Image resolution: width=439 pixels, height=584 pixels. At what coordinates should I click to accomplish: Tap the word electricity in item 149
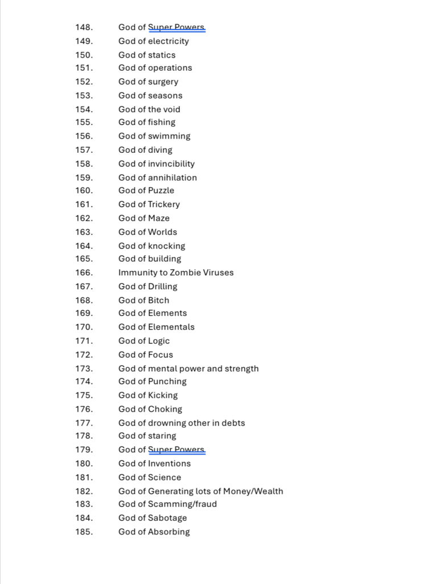coord(169,41)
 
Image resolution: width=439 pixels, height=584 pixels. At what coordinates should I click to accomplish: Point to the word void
coord(172,109)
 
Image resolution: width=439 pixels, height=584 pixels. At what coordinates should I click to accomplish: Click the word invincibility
coord(171,164)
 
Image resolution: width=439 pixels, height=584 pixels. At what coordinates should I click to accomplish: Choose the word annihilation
coord(173,177)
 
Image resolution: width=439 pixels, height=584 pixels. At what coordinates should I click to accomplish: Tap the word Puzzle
coord(161,190)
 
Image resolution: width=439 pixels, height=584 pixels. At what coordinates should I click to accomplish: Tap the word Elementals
coord(171,327)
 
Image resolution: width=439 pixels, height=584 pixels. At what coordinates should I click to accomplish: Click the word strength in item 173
coord(242,368)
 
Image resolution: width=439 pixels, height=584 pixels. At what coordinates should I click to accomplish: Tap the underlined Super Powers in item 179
coord(176,449)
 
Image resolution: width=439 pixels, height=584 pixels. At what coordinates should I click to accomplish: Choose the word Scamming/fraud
coord(182,504)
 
